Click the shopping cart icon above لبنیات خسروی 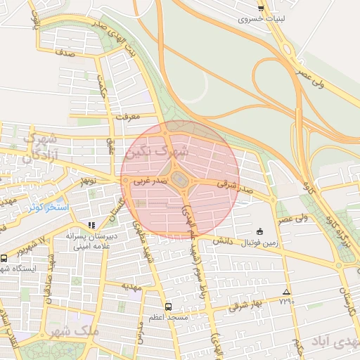point(261,8)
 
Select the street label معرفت point(127,115)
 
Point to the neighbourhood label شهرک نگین point(156,150)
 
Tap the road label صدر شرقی point(234,186)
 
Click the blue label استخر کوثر point(49,208)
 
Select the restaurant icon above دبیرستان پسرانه point(91,225)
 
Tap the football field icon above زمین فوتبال point(259,232)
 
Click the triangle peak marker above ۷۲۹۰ point(285,292)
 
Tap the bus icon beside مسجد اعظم point(167,307)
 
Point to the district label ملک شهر point(74,330)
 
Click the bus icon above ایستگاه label point(4,258)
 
